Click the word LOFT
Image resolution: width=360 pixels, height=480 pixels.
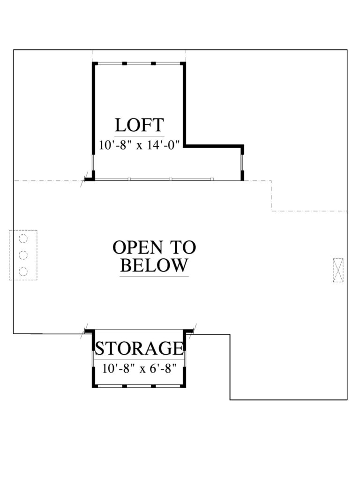[139, 126]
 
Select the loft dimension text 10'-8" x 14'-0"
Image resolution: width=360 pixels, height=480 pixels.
[139, 144]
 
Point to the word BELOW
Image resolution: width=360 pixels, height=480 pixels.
[154, 266]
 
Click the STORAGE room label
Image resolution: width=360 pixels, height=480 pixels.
[139, 349]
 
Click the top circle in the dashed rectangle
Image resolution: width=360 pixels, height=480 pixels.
[23, 239]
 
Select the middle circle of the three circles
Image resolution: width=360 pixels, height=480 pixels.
[23, 255]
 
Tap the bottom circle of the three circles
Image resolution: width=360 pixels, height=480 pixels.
[23, 271]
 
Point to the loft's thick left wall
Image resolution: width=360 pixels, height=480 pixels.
[93, 108]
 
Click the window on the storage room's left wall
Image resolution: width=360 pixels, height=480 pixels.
[93, 363]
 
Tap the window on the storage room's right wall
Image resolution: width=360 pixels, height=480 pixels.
[186, 363]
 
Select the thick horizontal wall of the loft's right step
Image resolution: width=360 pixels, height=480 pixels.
[214, 146]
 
